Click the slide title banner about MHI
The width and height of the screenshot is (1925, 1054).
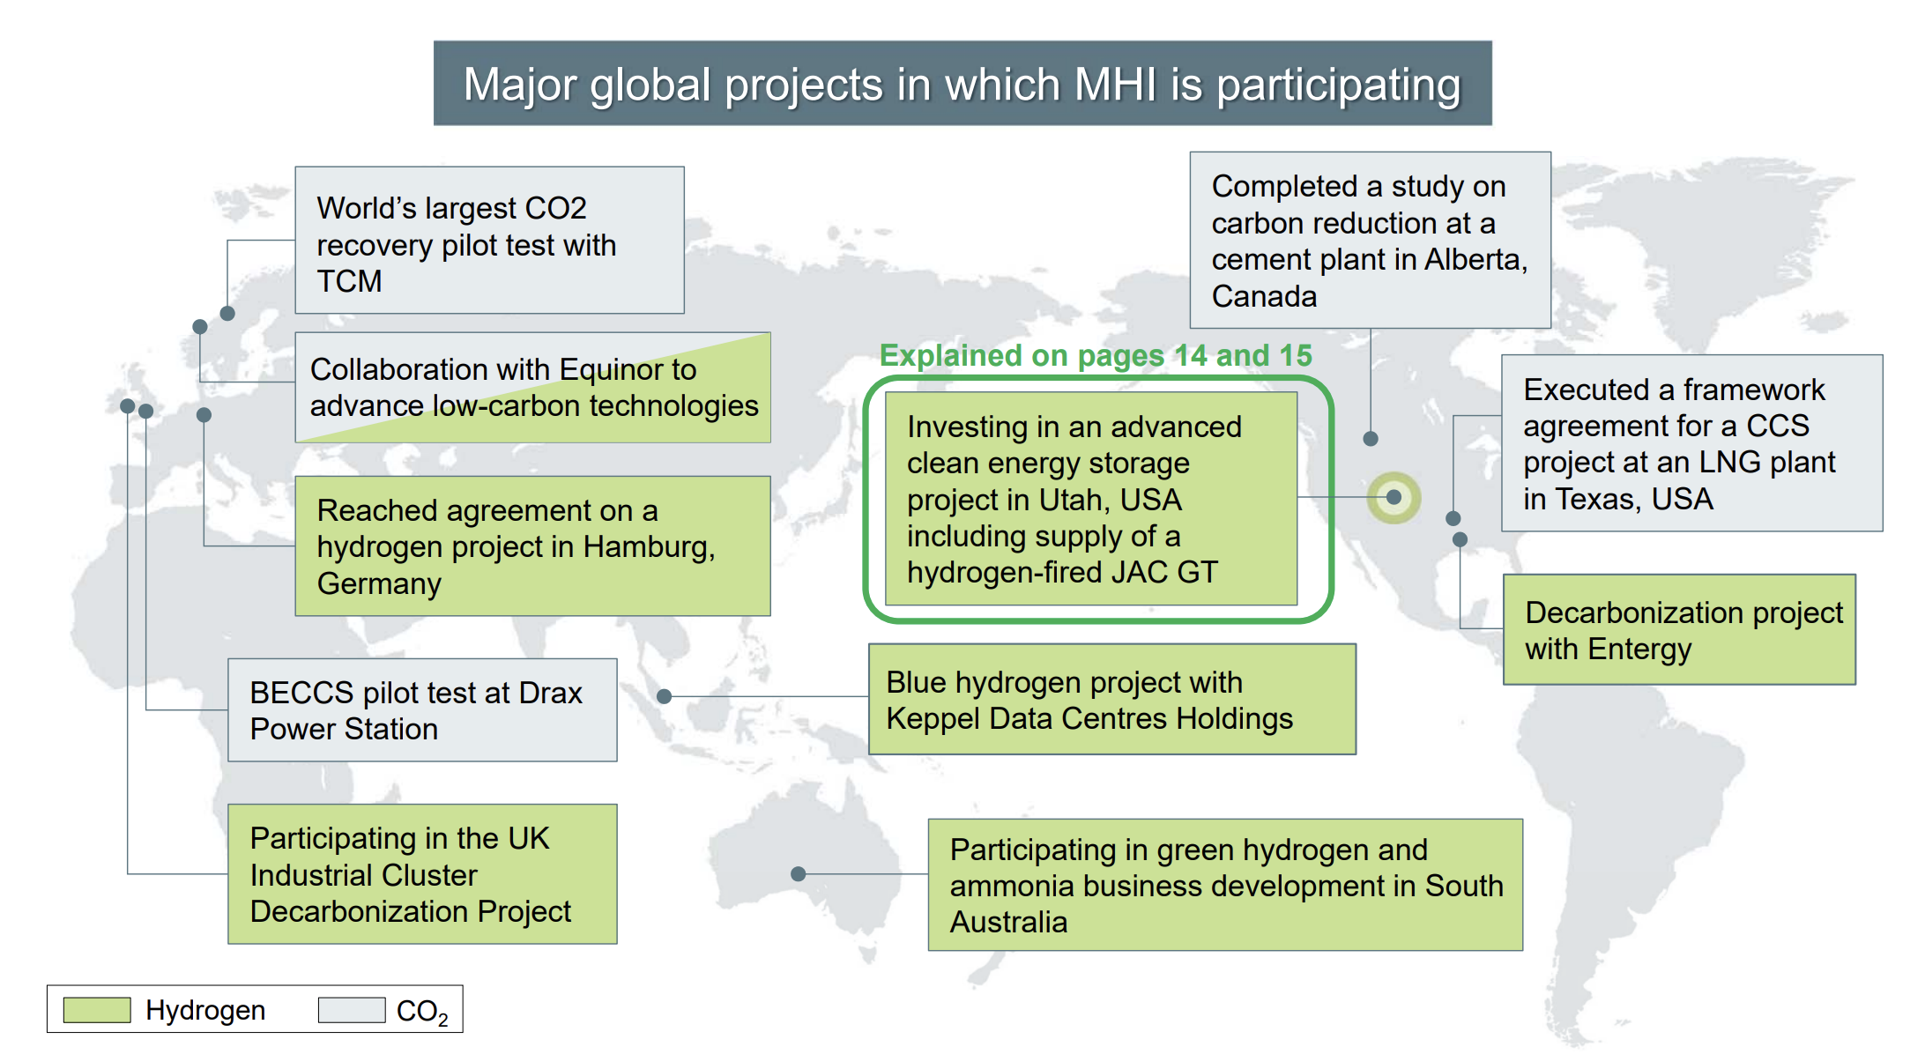962,83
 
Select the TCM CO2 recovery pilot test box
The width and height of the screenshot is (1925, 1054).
489,240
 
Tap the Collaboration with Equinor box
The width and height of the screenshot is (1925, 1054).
532,387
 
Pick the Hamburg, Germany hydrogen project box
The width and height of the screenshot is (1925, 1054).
532,546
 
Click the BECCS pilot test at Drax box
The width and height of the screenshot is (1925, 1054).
422,709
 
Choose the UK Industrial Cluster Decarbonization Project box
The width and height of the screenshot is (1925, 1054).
422,873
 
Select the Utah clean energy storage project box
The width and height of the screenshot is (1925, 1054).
1091,499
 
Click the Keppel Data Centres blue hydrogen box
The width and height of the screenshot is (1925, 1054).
1112,699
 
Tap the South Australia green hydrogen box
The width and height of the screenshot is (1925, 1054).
1225,885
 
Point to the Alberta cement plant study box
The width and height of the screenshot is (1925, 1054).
1371,240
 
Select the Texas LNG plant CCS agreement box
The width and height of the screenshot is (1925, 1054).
1692,442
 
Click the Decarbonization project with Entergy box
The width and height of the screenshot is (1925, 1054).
1679,629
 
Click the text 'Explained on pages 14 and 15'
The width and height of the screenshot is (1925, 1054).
1096,355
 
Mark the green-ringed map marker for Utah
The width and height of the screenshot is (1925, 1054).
1394,498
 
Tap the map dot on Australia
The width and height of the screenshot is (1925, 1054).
799,873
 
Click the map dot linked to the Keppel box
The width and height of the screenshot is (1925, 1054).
665,696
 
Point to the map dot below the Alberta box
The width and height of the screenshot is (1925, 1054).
1371,438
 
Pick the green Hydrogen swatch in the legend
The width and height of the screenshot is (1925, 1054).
97,1010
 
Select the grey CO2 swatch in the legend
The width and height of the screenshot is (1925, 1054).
352,1010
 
